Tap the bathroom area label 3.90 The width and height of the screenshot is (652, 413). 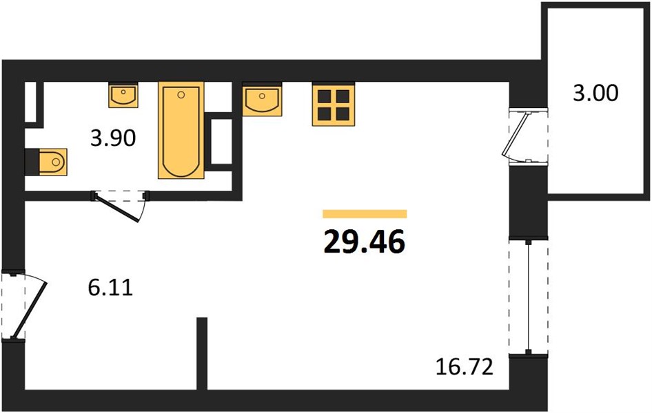113,138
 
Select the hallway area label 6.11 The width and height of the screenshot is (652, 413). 110,287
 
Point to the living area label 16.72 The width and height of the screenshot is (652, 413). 465,366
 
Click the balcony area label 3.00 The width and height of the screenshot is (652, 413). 595,93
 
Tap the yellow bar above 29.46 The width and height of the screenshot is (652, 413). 365,214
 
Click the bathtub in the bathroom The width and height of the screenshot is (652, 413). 181,130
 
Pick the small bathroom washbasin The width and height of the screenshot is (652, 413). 123,95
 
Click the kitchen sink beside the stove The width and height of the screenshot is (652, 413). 262,99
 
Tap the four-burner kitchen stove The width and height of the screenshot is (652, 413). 334,104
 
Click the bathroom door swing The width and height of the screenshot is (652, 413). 118,206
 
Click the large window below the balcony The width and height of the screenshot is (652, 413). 529,297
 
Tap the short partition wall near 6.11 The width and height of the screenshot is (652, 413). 202,354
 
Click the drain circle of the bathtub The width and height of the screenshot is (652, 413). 181,95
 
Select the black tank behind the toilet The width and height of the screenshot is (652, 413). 32,162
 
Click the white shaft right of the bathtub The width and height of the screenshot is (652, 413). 221,141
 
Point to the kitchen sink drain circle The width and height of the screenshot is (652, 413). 262,96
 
